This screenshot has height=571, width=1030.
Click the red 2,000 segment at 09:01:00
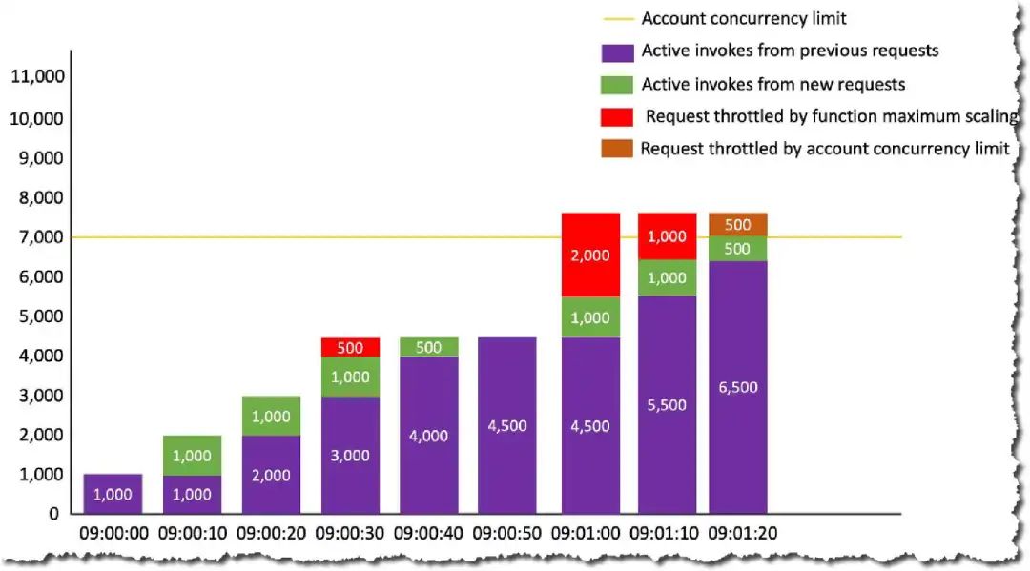pyautogui.click(x=590, y=255)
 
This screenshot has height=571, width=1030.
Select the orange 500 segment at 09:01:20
pyautogui.click(x=738, y=224)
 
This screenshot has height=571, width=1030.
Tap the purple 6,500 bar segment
pyautogui.click(x=738, y=387)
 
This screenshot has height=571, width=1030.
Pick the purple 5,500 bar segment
pyautogui.click(x=667, y=404)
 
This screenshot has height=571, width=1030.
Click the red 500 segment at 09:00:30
pyautogui.click(x=350, y=347)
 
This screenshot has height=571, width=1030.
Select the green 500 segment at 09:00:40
pyautogui.click(x=428, y=347)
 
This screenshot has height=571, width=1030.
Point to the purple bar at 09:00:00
pyautogui.click(x=113, y=494)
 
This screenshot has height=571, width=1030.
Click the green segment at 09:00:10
pyautogui.click(x=192, y=456)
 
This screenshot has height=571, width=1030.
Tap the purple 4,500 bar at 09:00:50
pyautogui.click(x=506, y=425)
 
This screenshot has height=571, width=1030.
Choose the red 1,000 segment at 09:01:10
pyautogui.click(x=667, y=236)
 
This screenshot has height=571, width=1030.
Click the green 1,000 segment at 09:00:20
pyautogui.click(x=271, y=416)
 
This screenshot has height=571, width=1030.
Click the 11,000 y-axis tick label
pyautogui.click(x=37, y=77)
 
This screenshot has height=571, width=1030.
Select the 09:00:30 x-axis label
pyautogui.click(x=350, y=533)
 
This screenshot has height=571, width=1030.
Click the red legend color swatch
pyautogui.click(x=616, y=116)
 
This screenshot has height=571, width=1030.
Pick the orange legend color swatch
pyautogui.click(x=616, y=149)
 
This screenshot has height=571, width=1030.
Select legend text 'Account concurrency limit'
pyautogui.click(x=744, y=18)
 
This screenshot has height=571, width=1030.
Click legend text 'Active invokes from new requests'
pyautogui.click(x=773, y=84)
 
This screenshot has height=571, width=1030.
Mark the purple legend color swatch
pyautogui.click(x=616, y=51)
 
